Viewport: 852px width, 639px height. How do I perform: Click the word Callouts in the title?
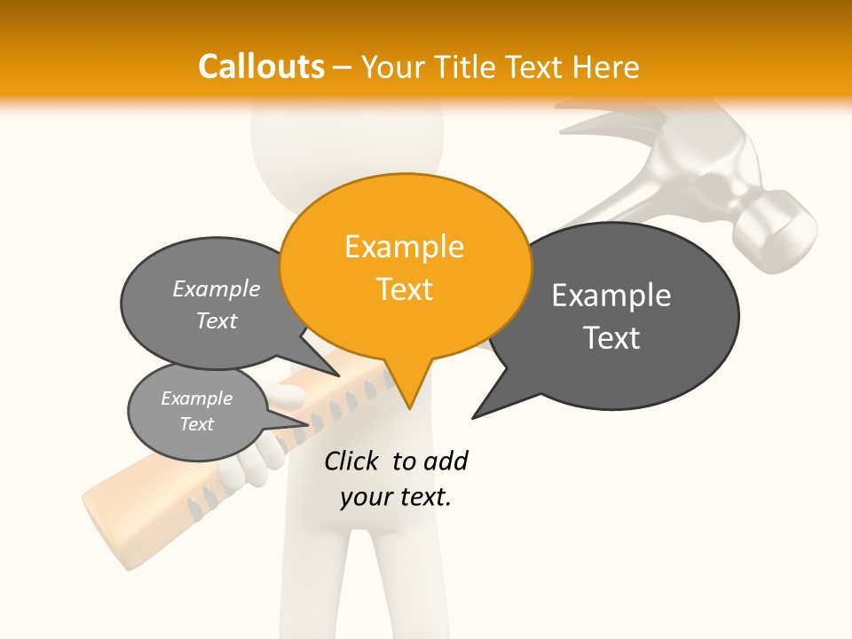[261, 67]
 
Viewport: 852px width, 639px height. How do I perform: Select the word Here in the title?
[607, 67]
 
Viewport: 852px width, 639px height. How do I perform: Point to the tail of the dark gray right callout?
[485, 409]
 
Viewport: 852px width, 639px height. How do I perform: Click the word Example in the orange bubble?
[404, 247]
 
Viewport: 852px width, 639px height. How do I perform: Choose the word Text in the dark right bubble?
[611, 338]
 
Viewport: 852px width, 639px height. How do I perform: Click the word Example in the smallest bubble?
[196, 398]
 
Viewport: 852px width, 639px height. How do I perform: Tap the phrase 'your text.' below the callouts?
[396, 497]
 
